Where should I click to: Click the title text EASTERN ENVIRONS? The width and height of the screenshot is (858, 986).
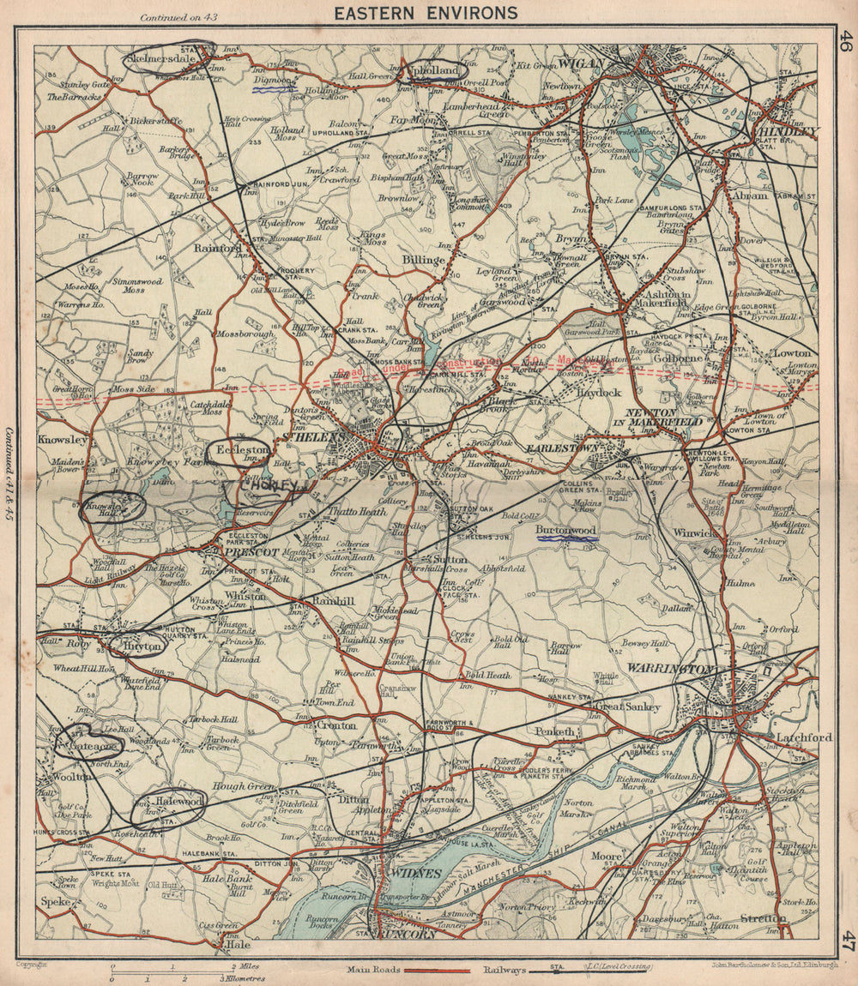click(426, 12)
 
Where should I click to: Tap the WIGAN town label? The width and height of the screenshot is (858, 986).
click(583, 63)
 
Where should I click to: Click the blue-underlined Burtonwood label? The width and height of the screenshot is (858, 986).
click(565, 531)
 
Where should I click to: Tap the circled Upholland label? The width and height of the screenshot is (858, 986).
click(437, 69)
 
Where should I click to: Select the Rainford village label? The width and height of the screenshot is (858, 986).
click(217, 249)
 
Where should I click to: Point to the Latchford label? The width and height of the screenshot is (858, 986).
click(803, 737)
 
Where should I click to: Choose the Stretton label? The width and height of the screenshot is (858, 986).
click(763, 917)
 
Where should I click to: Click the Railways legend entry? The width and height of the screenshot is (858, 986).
click(501, 970)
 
